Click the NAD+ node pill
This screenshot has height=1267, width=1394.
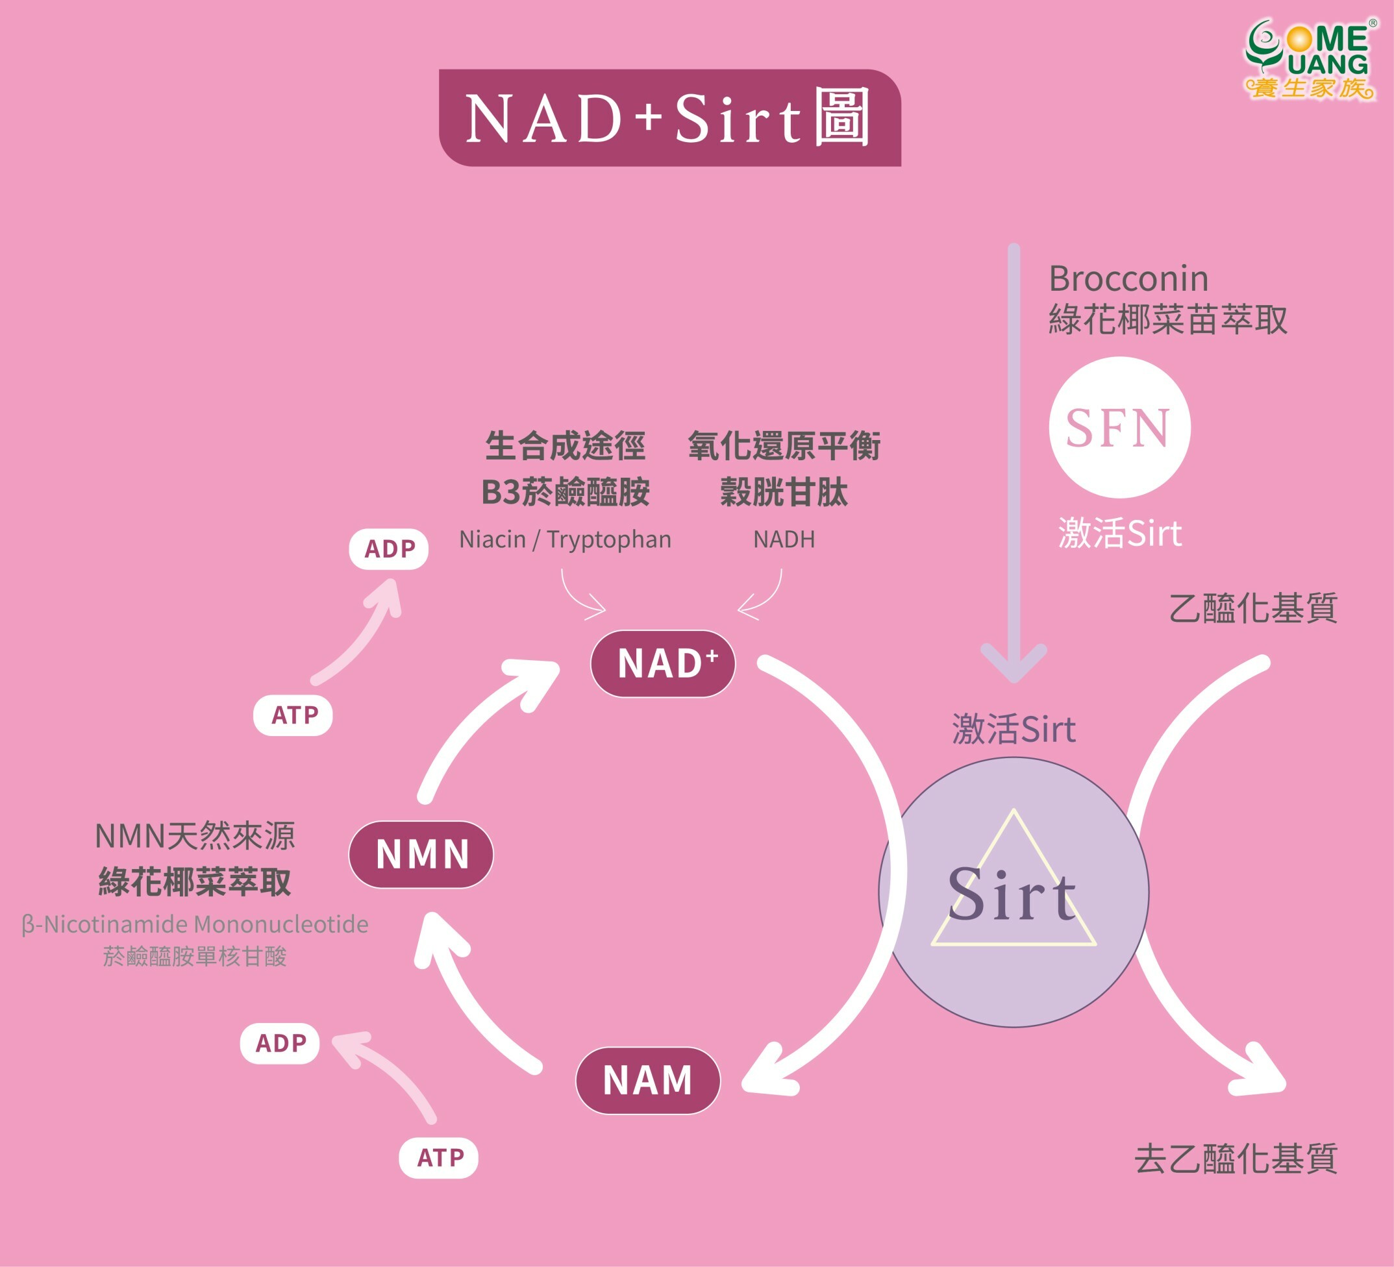[662, 663]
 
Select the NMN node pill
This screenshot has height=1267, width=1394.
[421, 854]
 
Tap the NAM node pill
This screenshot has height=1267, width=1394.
[648, 1080]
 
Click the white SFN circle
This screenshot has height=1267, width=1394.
[1119, 427]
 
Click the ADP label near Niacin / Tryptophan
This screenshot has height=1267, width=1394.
[389, 549]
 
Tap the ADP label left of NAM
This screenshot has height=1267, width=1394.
[280, 1043]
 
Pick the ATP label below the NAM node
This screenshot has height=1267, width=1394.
[439, 1158]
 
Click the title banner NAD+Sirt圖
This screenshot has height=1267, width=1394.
[669, 118]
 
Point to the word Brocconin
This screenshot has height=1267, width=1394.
[1128, 278]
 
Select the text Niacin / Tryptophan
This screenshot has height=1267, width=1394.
[565, 539]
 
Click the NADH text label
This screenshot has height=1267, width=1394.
[784, 539]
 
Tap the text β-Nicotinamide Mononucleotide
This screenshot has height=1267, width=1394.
[195, 924]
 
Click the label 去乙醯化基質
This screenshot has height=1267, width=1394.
[1236, 1159]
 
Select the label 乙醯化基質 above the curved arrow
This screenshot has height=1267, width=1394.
[1253, 608]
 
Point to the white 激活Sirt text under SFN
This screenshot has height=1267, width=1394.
[1119, 534]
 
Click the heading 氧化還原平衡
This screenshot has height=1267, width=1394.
[784, 446]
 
